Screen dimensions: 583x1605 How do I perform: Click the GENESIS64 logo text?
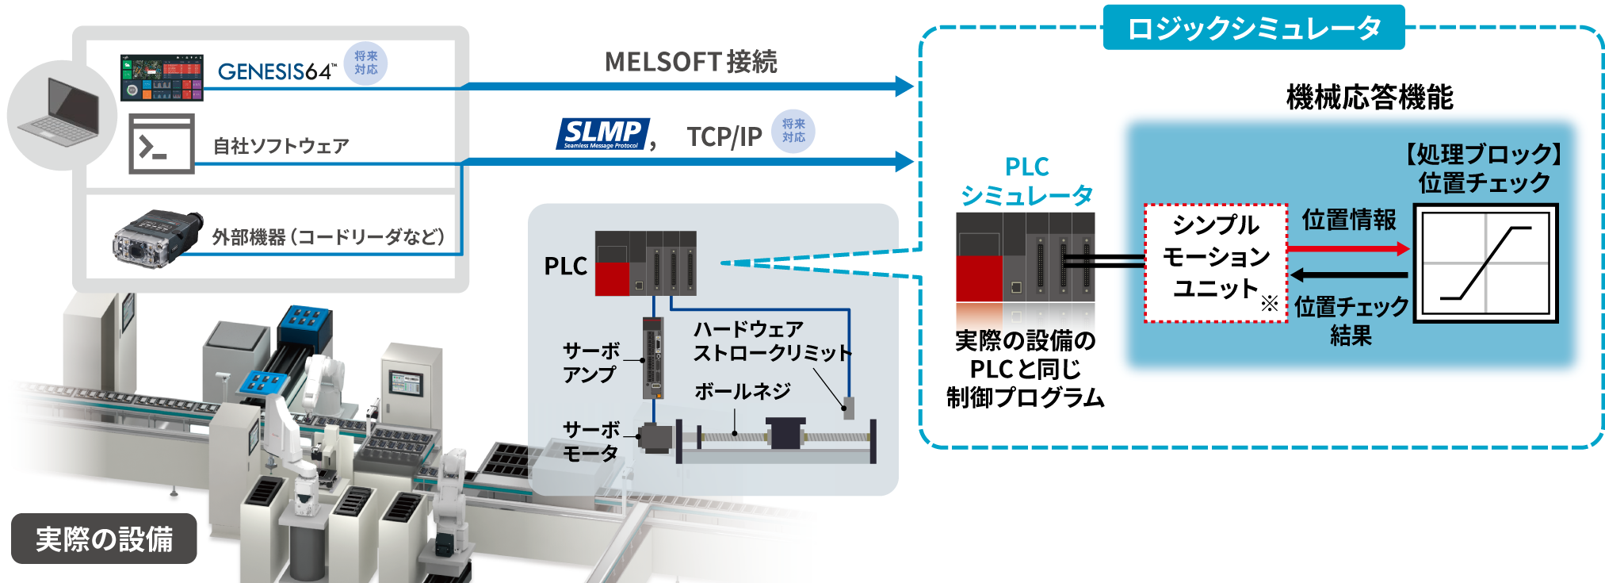(275, 72)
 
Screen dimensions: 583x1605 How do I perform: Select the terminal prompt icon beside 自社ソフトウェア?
(162, 144)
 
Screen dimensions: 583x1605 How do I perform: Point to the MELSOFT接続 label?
(690, 62)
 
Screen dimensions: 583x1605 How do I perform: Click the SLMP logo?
(602, 134)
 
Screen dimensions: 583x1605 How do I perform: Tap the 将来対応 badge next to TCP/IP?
(793, 131)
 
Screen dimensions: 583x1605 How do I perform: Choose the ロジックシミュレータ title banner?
(1253, 29)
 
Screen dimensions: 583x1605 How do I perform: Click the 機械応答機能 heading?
(1369, 98)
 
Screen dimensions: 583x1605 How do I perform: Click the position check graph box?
(1485, 263)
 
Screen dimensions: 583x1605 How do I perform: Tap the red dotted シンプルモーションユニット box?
(1215, 263)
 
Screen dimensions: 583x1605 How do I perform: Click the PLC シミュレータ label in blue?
(1026, 181)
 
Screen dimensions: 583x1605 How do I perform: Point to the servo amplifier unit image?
(653, 358)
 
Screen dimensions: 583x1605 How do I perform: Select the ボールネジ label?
(742, 391)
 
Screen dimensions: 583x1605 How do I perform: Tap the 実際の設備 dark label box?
(104, 539)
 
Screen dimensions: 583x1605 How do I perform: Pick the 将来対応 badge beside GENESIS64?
(365, 63)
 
